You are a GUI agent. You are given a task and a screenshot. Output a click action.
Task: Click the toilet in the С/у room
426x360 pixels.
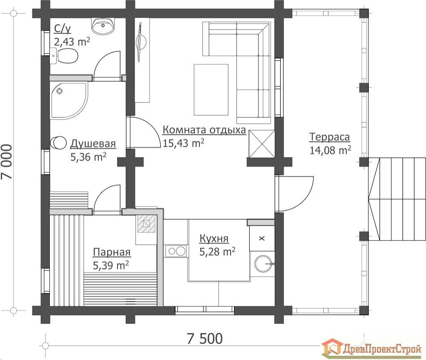(x=64, y=56)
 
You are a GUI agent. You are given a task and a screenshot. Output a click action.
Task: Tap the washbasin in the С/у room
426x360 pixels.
(x=103, y=26)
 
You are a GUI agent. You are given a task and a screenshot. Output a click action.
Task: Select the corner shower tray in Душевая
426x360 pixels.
(x=69, y=100)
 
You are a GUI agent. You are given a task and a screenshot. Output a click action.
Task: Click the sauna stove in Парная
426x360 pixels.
(x=147, y=224)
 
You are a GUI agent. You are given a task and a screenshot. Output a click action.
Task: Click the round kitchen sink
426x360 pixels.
(x=263, y=263)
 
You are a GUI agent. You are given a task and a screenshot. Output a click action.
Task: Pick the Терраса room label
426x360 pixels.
(x=330, y=137)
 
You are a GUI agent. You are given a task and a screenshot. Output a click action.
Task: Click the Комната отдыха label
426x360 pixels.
(x=204, y=130)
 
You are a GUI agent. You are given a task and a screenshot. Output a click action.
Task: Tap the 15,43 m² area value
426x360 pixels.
(x=183, y=143)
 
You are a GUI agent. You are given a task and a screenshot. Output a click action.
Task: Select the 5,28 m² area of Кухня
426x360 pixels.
(x=217, y=251)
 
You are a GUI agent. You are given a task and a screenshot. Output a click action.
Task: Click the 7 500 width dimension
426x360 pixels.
(x=205, y=339)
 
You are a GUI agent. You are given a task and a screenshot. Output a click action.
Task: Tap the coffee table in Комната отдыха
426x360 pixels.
(x=211, y=90)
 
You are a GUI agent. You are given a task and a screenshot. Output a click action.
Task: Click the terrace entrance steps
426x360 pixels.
(x=397, y=200)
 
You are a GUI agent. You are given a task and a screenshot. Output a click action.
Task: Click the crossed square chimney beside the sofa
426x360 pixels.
(x=262, y=143)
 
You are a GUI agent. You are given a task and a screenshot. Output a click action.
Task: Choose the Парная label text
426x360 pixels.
(x=112, y=252)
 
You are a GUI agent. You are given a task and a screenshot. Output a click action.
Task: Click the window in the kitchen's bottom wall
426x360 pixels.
(x=204, y=310)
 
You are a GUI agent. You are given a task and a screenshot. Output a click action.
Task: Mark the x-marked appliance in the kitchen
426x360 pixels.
(x=262, y=238)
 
